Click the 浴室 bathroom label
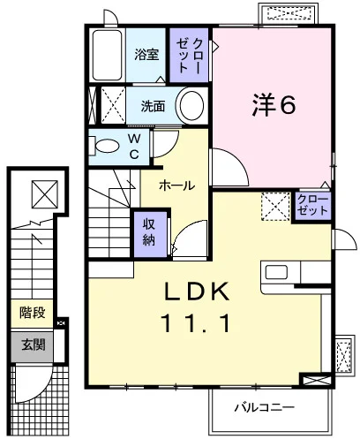click(x=146, y=55)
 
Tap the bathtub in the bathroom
click(x=107, y=55)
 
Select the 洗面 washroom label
click(x=153, y=106)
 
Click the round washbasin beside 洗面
click(x=191, y=105)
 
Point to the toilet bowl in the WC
click(x=107, y=146)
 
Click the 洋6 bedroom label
click(x=274, y=105)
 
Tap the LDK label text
click(x=197, y=291)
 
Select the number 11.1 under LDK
click(x=195, y=323)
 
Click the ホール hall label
click(x=177, y=185)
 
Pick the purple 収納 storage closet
click(x=150, y=232)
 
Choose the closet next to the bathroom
click(x=189, y=55)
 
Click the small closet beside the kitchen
click(x=312, y=206)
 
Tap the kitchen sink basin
click(x=276, y=272)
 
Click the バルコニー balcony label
click(x=264, y=408)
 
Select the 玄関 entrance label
click(x=33, y=344)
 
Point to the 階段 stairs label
click(x=33, y=313)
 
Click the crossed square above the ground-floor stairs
click(x=45, y=194)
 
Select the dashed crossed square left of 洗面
click(x=113, y=105)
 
